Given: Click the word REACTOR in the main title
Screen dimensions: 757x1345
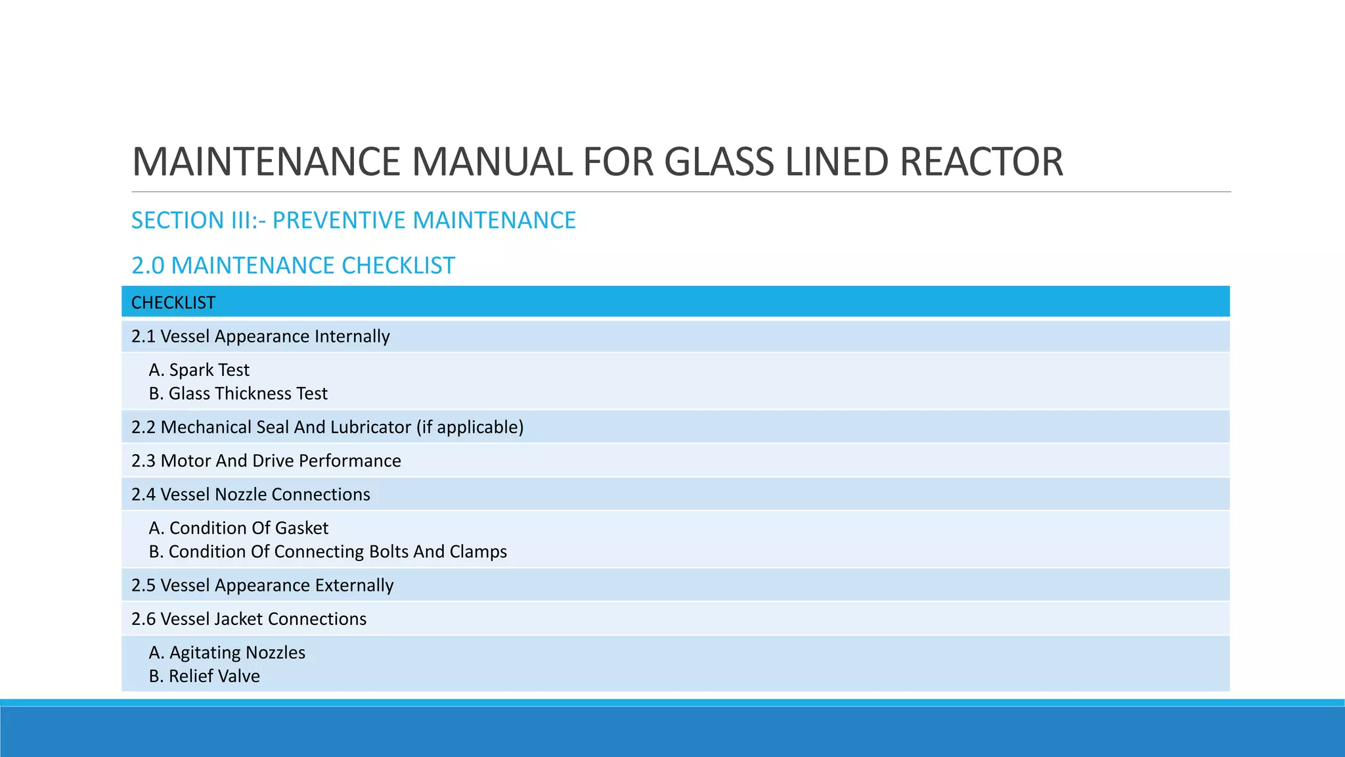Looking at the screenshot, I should tap(981, 162).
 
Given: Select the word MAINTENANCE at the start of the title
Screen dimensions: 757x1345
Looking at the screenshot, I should tap(266, 162).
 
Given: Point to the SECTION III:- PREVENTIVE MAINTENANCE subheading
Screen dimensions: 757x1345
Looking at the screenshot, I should tap(353, 220).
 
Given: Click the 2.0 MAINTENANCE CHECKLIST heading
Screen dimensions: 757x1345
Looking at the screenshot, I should tap(293, 265).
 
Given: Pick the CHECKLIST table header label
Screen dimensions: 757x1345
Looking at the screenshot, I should tap(173, 303).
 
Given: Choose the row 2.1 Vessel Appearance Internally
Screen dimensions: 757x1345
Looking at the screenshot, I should tap(261, 336).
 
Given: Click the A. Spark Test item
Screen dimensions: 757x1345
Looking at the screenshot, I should tap(200, 370).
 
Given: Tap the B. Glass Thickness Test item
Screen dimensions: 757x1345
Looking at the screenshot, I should tap(238, 394).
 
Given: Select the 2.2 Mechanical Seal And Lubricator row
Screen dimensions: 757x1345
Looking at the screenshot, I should tap(272, 427).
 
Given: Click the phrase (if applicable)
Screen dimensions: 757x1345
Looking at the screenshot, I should tap(470, 427).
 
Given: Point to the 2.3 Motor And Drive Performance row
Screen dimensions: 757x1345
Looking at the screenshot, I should tap(266, 461).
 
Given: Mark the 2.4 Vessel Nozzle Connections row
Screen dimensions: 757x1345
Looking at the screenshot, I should tap(251, 494).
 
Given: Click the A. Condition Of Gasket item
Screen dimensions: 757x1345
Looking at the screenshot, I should tap(239, 528).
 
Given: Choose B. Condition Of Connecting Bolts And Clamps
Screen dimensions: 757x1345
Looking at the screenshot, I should tap(328, 552).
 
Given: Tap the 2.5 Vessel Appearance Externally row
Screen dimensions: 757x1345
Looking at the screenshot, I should tap(263, 585).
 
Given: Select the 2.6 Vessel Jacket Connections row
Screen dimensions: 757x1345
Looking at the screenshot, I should tap(249, 619).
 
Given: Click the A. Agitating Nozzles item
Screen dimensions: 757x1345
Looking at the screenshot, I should tap(227, 653).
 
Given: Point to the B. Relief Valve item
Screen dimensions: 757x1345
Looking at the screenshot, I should tap(205, 676).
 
